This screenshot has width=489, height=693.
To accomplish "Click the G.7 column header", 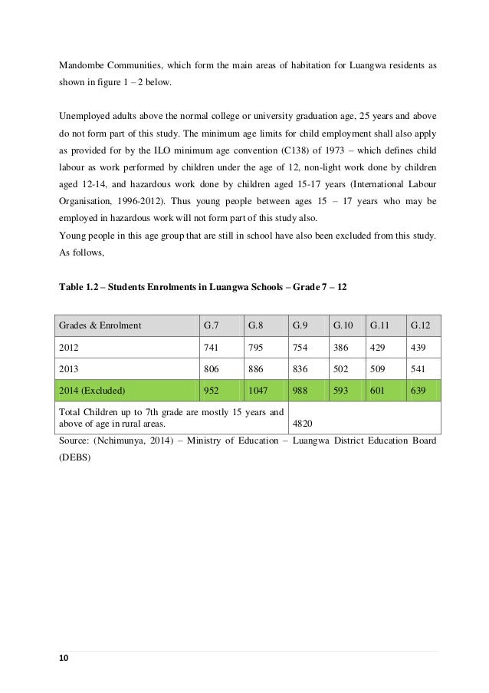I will coord(210,325).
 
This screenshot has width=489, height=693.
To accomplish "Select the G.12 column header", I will coord(420,325).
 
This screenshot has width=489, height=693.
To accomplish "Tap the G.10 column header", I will coord(343,325).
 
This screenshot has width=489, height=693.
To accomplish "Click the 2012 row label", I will coord(68,347).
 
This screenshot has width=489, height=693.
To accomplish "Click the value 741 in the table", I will coord(210,347).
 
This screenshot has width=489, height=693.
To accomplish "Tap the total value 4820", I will coord(304,421).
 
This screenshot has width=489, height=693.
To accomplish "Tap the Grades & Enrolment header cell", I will coord(100,325).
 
